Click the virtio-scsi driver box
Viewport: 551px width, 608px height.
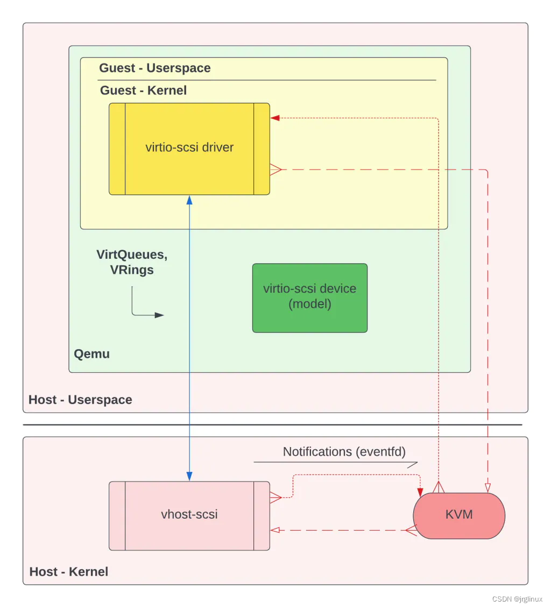(x=189, y=149)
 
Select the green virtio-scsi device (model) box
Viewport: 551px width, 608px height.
(x=310, y=298)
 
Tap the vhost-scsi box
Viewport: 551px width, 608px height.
(x=189, y=515)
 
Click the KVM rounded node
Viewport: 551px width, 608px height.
(x=459, y=515)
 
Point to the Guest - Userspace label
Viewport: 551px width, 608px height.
(x=155, y=68)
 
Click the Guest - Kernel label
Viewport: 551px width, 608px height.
(x=144, y=90)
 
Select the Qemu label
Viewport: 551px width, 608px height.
(x=92, y=354)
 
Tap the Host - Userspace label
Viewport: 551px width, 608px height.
(x=80, y=400)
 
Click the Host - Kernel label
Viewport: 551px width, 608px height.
(x=69, y=571)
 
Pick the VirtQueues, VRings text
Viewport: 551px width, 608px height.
(x=132, y=262)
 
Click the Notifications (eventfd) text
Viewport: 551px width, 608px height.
(x=344, y=452)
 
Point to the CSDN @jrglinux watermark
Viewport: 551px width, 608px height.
(x=517, y=599)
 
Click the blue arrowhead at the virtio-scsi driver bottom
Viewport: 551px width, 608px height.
(x=189, y=200)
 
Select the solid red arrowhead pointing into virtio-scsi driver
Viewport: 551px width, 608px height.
(x=275, y=118)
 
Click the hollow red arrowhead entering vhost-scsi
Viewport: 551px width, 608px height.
(x=275, y=530)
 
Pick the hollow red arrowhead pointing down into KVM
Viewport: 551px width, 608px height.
(x=488, y=488)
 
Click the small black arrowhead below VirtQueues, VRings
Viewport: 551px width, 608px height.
(x=159, y=315)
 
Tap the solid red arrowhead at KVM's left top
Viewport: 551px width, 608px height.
(x=420, y=492)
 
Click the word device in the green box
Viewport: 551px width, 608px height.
(x=338, y=288)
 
